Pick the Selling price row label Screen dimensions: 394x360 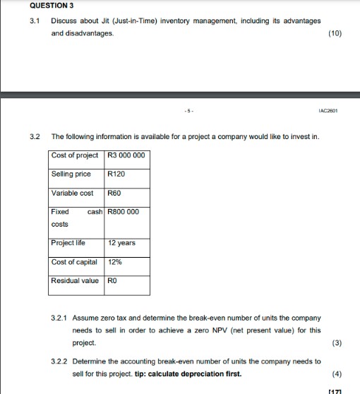[72, 174]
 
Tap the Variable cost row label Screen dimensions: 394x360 [73, 192]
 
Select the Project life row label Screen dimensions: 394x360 [68, 243]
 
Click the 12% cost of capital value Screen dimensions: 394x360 [114, 262]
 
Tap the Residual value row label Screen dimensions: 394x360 [76, 280]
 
